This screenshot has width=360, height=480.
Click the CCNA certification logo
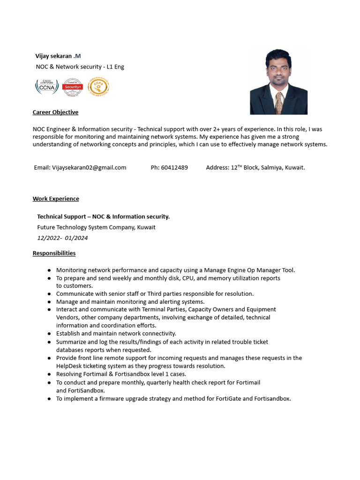tap(47, 87)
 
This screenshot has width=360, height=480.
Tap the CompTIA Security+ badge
tap(73, 87)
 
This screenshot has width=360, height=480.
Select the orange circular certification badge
tap(98, 87)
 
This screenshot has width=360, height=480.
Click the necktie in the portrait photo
tap(278, 103)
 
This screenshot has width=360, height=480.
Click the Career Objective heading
tap(55, 112)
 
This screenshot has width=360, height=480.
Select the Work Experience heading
tap(56, 199)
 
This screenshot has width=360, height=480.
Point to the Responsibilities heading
tap(54, 253)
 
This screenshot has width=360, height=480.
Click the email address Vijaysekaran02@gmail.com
tap(89, 167)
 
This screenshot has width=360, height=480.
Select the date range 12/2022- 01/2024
tap(62, 238)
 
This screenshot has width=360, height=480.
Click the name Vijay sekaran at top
tap(53, 56)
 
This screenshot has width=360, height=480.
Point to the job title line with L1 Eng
tap(80, 67)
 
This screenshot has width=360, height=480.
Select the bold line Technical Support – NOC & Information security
tap(103, 217)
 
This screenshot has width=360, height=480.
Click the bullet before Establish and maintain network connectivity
tap(49, 334)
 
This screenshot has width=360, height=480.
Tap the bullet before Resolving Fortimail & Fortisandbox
tap(49, 375)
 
